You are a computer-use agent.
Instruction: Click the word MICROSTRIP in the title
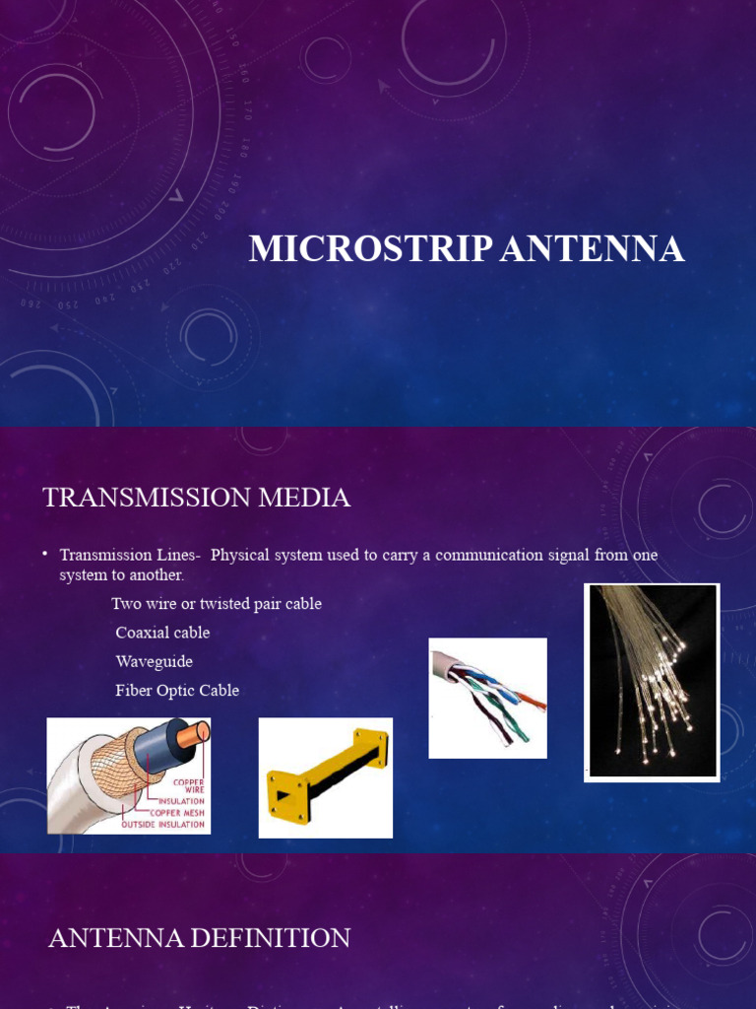point(370,249)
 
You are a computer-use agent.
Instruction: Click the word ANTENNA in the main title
point(593,249)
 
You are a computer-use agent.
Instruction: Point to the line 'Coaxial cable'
point(162,633)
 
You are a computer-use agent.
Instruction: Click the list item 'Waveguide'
point(154,661)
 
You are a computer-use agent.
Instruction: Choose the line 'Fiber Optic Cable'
point(177,691)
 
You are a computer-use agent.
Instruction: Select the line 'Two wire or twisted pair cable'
point(217,604)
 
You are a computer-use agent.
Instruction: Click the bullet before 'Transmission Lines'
point(45,555)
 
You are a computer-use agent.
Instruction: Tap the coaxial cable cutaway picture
point(129,775)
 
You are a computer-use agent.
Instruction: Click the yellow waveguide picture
point(326,777)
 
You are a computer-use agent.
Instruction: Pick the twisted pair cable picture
point(487,698)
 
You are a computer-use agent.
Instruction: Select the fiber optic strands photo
point(652,682)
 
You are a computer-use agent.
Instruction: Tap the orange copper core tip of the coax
point(201,731)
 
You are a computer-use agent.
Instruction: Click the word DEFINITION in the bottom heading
point(269,938)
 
